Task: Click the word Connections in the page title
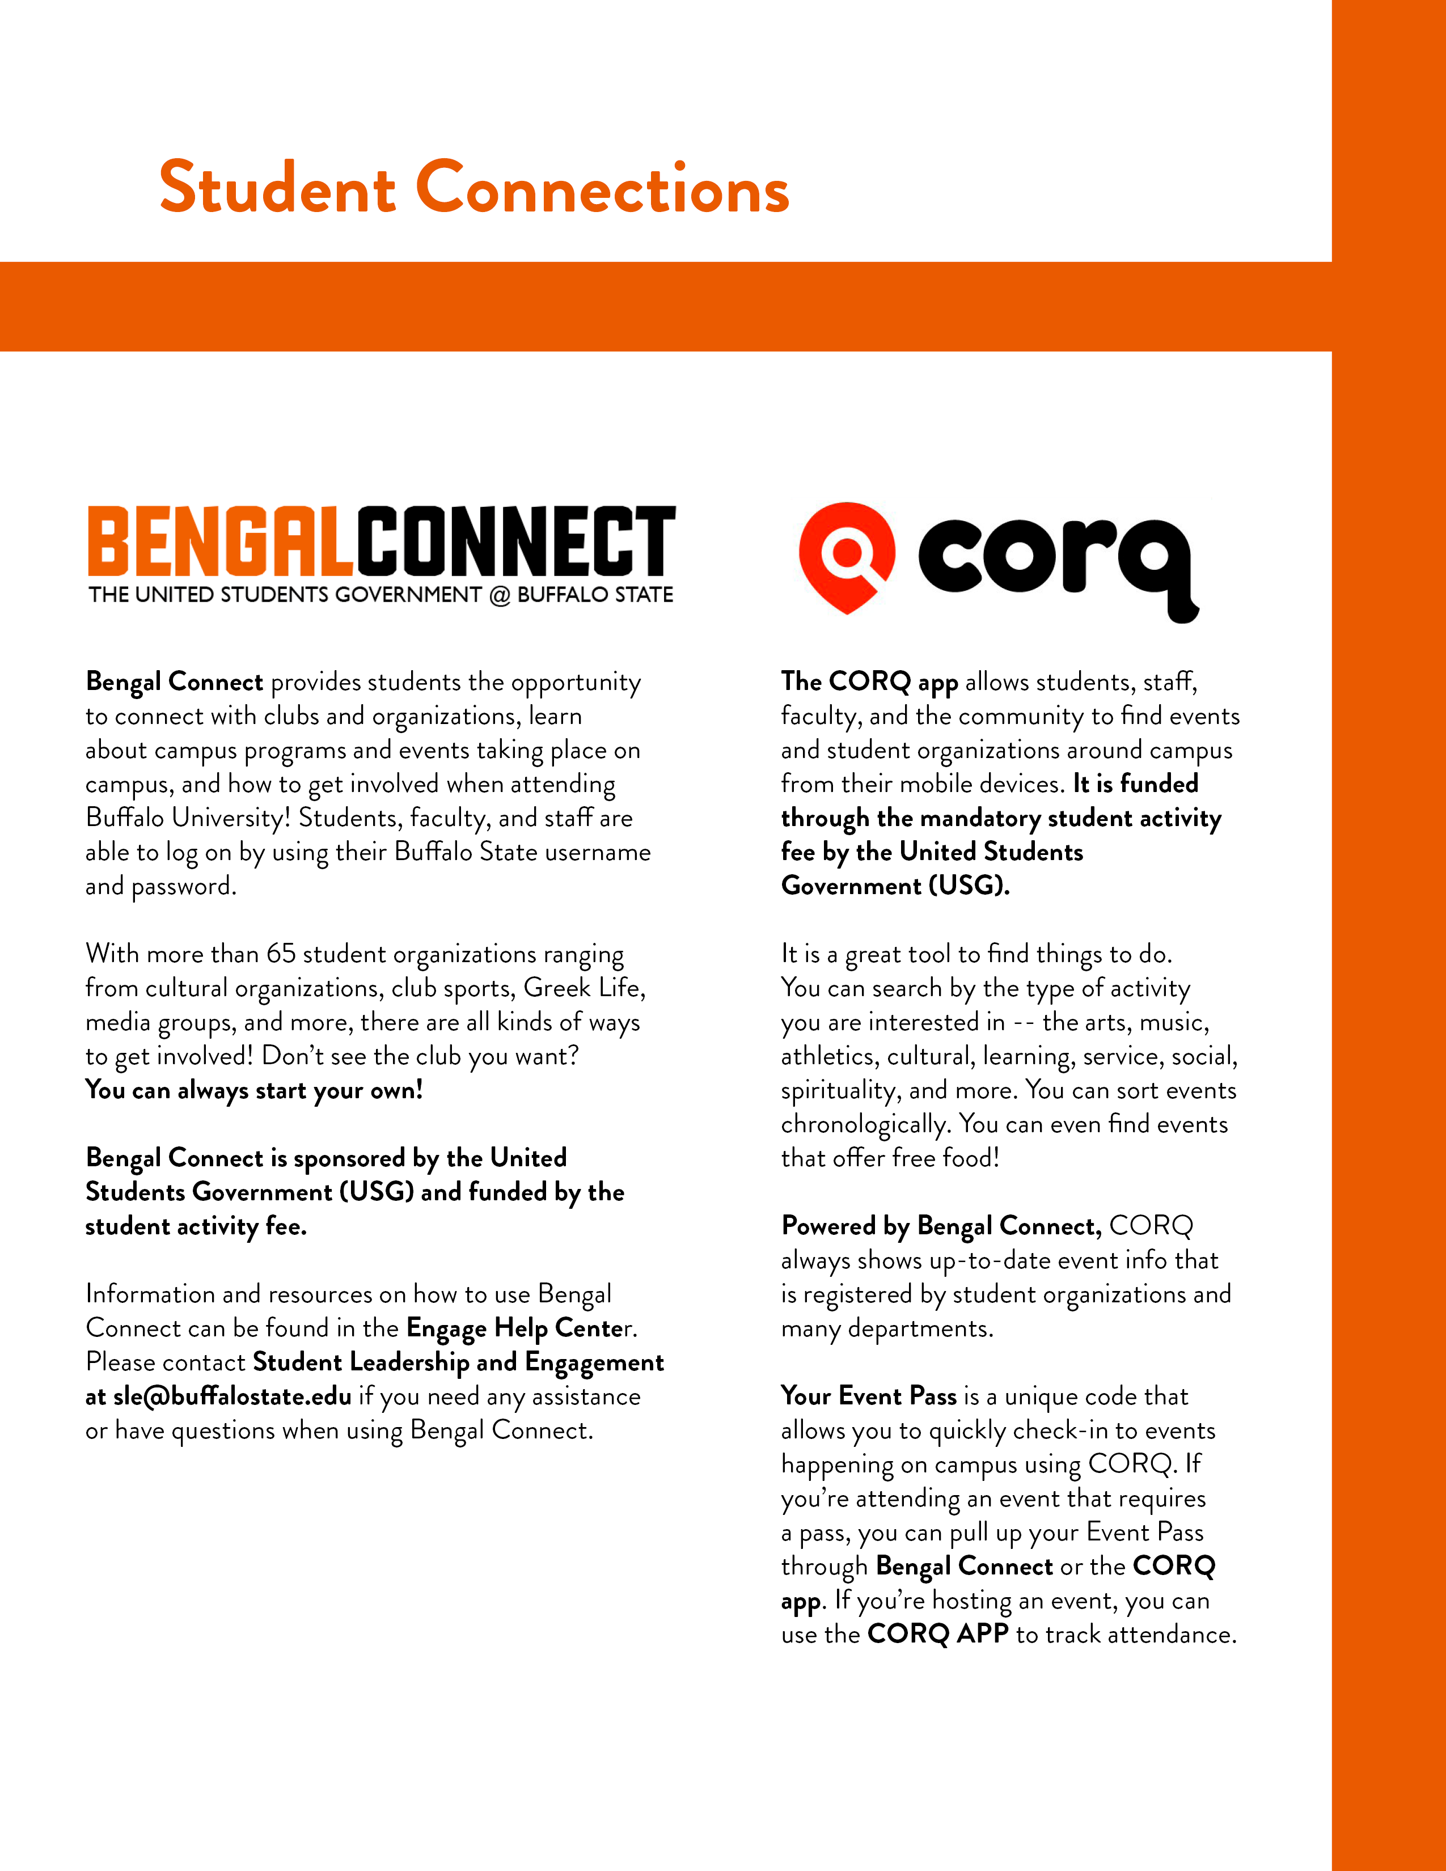tap(602, 188)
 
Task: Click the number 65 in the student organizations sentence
tap(280, 954)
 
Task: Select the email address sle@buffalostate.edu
tap(232, 1396)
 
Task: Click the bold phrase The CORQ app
tap(869, 682)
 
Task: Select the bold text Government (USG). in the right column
tap(895, 886)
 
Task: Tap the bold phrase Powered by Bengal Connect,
tap(941, 1226)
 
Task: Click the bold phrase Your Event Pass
tap(869, 1396)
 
